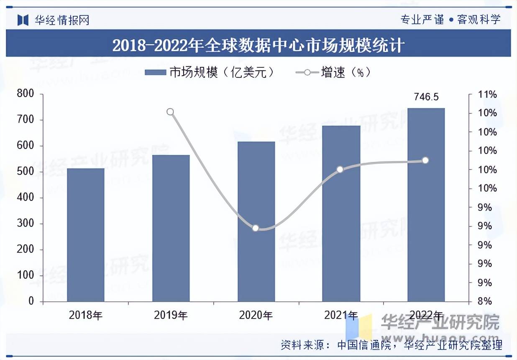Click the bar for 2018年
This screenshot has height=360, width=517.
click(x=86, y=234)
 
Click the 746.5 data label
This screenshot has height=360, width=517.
click(x=426, y=97)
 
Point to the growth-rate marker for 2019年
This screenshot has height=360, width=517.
click(x=170, y=112)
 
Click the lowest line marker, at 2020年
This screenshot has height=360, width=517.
click(x=256, y=228)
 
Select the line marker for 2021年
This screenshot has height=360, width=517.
click(x=340, y=170)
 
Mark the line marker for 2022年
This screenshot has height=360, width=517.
click(x=425, y=160)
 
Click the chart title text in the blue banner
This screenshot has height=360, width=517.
click(x=258, y=45)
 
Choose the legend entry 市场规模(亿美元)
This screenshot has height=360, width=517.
click(x=209, y=72)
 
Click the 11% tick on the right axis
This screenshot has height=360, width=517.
click(x=487, y=95)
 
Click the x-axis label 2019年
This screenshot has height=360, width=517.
click(x=171, y=315)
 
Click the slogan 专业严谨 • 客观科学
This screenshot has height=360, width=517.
click(x=450, y=19)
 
